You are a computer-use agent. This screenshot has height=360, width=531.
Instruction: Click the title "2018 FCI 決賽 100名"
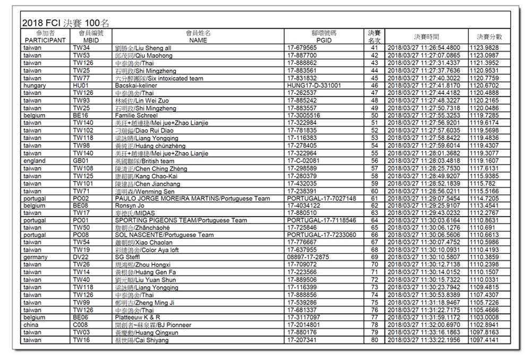(x=66, y=23)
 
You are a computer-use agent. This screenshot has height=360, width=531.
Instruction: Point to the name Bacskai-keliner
(x=136, y=85)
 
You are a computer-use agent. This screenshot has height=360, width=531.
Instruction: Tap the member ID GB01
(x=81, y=161)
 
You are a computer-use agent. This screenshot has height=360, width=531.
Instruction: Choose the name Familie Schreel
(x=136, y=115)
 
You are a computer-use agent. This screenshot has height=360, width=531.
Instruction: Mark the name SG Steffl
(x=126, y=258)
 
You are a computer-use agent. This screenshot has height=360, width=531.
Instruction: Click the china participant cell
(x=31, y=325)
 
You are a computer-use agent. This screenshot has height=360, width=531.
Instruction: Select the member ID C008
(x=81, y=325)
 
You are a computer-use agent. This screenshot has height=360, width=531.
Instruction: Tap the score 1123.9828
(x=484, y=48)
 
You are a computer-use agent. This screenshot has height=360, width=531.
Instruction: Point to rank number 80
(x=374, y=340)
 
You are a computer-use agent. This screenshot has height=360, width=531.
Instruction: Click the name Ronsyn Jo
(x=130, y=205)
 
